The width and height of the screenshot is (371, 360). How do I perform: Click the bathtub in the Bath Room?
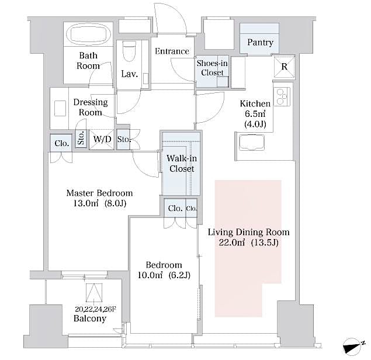pos(88,34)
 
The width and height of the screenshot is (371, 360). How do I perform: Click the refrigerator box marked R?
pos(284,66)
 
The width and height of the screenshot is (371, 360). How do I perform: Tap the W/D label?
pos(102,140)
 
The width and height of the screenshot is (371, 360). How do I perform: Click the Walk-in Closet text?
pos(181,164)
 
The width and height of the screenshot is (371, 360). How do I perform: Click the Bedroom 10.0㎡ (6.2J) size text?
pos(164,275)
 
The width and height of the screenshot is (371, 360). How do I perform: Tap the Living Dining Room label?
pos(248,232)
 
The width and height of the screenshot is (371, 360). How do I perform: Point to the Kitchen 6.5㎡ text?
pos(255,114)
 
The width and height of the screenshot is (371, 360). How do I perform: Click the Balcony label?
pos(90,319)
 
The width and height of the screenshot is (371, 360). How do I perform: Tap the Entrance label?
pos(172,51)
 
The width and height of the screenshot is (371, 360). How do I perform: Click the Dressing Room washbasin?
pos(60,109)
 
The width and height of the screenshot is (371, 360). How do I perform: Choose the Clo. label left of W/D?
pos(61,143)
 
